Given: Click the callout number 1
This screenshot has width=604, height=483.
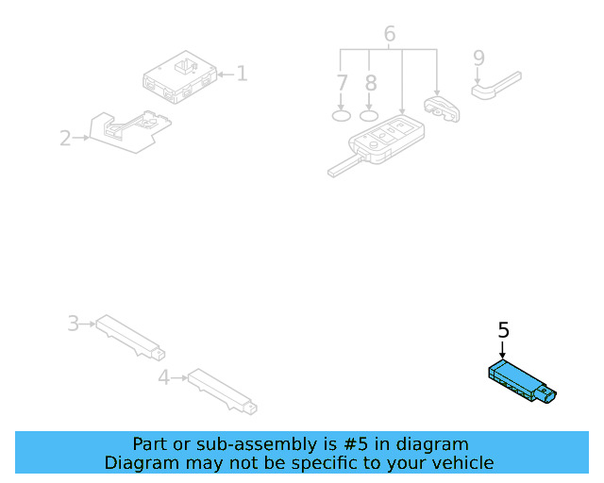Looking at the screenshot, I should click(x=242, y=73).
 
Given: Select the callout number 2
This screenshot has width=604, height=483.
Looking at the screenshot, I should click(x=65, y=139).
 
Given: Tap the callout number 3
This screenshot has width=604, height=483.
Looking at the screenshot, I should click(x=73, y=324).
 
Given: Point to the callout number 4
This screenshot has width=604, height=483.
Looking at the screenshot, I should click(x=163, y=378).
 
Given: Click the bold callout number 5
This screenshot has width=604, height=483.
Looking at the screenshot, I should click(x=503, y=330).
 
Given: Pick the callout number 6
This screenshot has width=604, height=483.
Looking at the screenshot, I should click(x=389, y=35).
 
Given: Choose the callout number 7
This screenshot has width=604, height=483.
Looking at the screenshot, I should click(x=343, y=82).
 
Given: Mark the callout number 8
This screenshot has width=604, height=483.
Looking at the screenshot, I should click(x=371, y=82).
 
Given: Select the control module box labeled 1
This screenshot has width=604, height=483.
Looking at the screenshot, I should click(x=179, y=77).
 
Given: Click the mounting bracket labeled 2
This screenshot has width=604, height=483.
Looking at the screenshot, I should click(x=127, y=130).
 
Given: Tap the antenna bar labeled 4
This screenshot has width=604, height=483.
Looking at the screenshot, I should click(x=222, y=391).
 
